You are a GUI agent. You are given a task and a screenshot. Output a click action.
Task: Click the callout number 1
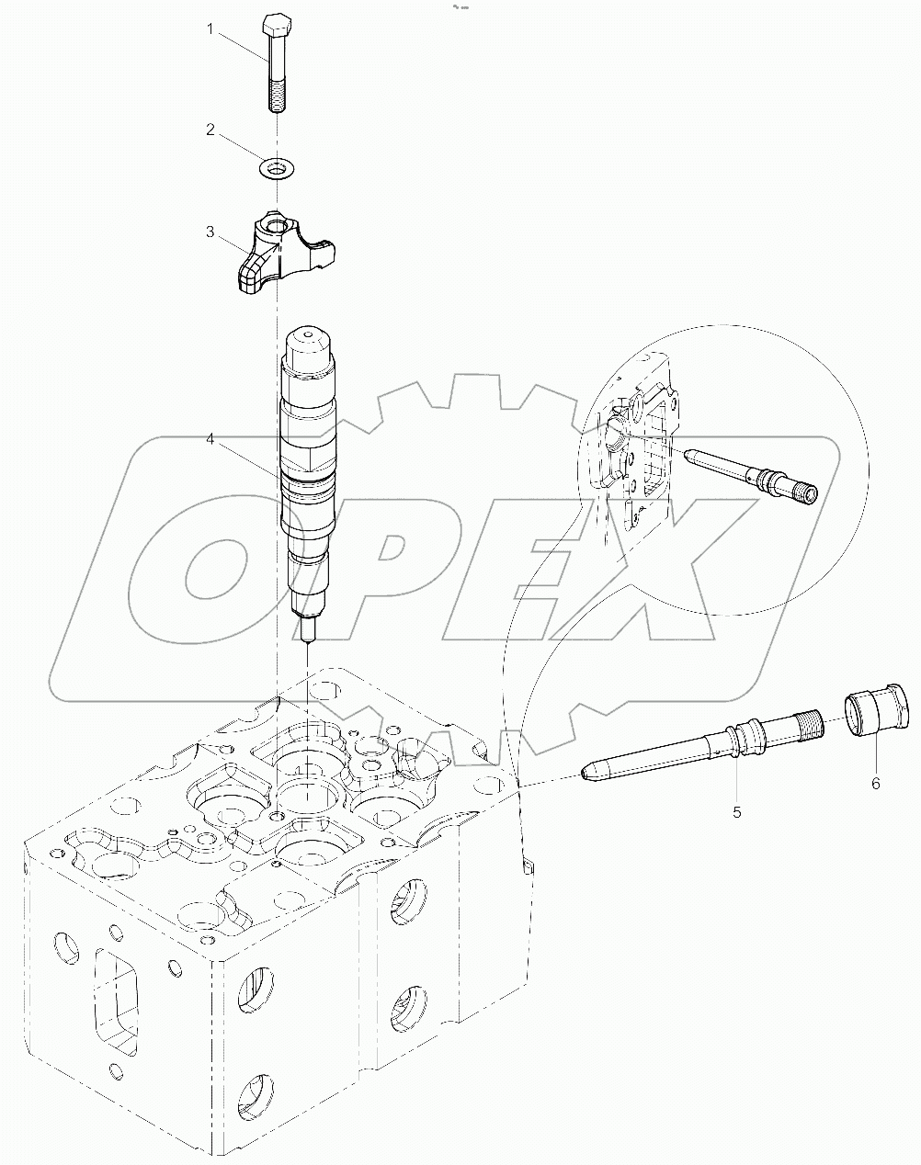point(210,30)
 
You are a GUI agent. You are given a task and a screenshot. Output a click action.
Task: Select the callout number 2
point(210,130)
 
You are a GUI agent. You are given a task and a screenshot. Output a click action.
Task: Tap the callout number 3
point(210,232)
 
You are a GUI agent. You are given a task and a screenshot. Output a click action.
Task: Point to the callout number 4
point(210,440)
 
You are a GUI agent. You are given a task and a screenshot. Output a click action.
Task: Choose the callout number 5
point(736,811)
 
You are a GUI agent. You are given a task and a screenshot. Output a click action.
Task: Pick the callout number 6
point(875,783)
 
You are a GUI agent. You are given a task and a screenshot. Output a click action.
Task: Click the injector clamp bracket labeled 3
point(280,250)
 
